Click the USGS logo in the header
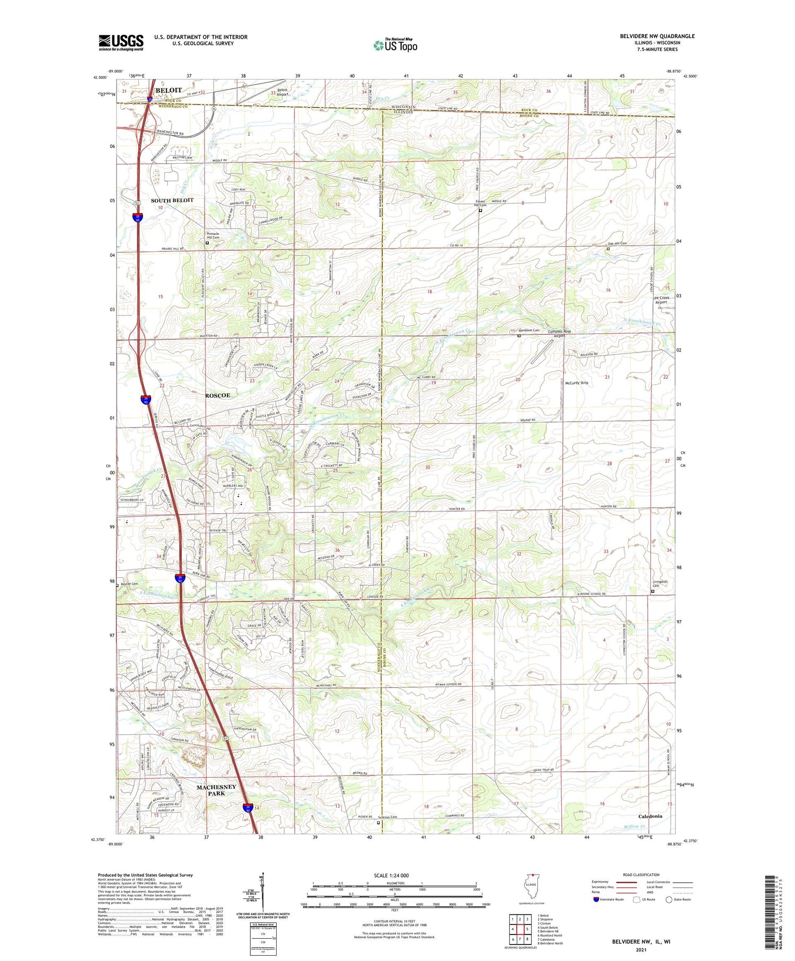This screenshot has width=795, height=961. (121, 42)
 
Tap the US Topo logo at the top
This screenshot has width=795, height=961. (395, 45)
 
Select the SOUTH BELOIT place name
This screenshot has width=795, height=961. (172, 200)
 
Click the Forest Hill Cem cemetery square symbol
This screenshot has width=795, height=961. (481, 210)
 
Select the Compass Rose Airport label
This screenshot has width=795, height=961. (559, 333)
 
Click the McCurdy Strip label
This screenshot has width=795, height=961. (577, 383)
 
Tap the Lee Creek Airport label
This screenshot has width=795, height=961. (661, 300)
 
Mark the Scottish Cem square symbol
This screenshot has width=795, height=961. (378, 823)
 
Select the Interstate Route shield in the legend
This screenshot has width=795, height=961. (596, 900)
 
